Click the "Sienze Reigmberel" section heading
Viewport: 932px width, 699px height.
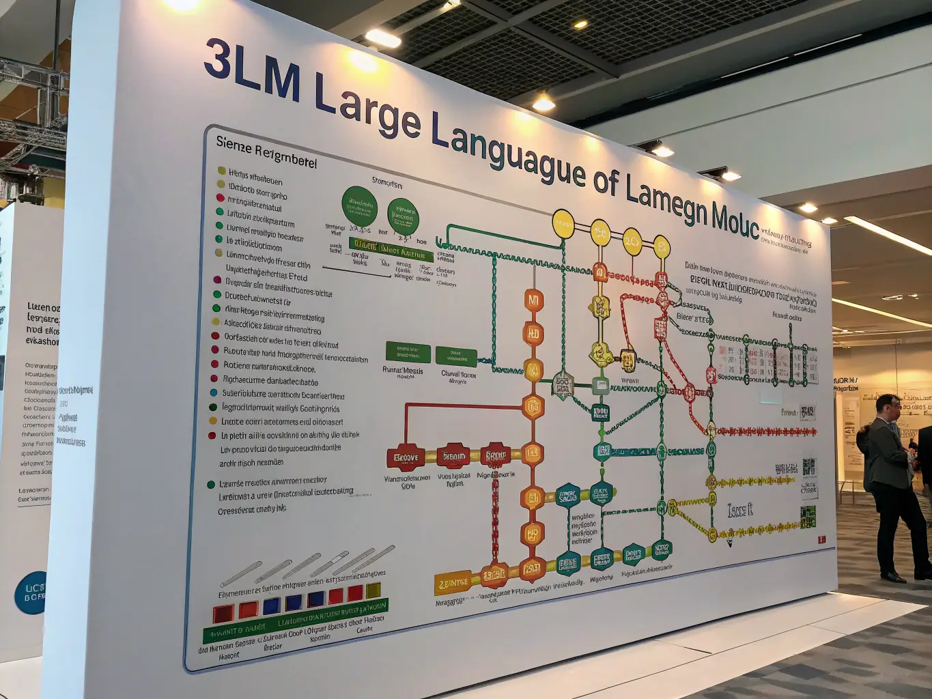[266, 152]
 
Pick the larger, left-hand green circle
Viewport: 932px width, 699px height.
[359, 206]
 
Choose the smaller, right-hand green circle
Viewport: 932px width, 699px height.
[403, 216]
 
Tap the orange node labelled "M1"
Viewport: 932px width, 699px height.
[533, 300]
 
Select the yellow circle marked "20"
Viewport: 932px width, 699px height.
[632, 242]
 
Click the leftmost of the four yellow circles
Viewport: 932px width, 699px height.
[563, 224]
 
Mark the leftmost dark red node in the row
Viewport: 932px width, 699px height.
[406, 457]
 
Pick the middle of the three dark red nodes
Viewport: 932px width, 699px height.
[453, 456]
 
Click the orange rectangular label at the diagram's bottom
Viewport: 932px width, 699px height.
[452, 584]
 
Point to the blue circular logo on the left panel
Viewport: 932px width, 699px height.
[31, 593]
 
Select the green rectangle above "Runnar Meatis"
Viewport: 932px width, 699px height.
[408, 352]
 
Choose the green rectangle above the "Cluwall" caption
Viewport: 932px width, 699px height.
[456, 356]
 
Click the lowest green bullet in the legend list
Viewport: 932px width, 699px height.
[211, 485]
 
